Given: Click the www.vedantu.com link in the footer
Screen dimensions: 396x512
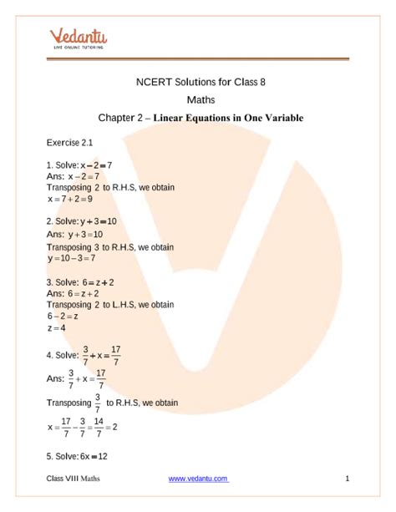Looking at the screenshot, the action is (199, 479).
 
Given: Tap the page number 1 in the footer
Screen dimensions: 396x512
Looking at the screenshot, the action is (346, 479).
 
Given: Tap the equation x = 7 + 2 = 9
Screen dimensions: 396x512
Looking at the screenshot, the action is (70, 200).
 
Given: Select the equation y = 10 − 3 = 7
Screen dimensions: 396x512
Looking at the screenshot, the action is (73, 259).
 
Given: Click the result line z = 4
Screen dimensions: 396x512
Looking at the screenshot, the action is (57, 329).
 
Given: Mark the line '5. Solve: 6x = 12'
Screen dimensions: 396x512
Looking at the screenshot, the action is (78, 457).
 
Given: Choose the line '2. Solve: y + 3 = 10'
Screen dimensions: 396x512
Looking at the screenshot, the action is (82, 221).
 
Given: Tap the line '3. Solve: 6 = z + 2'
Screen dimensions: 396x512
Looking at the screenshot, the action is (80, 282).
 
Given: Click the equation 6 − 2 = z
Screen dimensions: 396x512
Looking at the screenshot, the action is (63, 317).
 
